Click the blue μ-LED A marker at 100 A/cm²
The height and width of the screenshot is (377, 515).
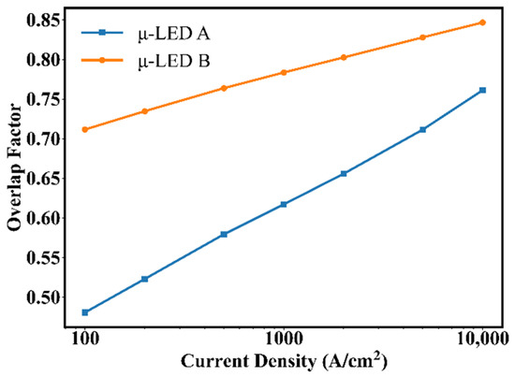pos(85,312)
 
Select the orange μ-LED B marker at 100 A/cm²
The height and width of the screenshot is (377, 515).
pos(85,129)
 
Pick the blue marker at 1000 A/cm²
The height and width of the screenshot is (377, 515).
pos(284,204)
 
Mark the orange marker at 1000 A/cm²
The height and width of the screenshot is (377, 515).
pos(284,72)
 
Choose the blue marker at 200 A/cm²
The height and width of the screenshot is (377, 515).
pos(144,279)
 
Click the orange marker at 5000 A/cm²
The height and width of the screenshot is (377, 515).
pos(422,37)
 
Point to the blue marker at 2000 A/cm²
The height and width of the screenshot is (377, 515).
pos(344,173)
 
